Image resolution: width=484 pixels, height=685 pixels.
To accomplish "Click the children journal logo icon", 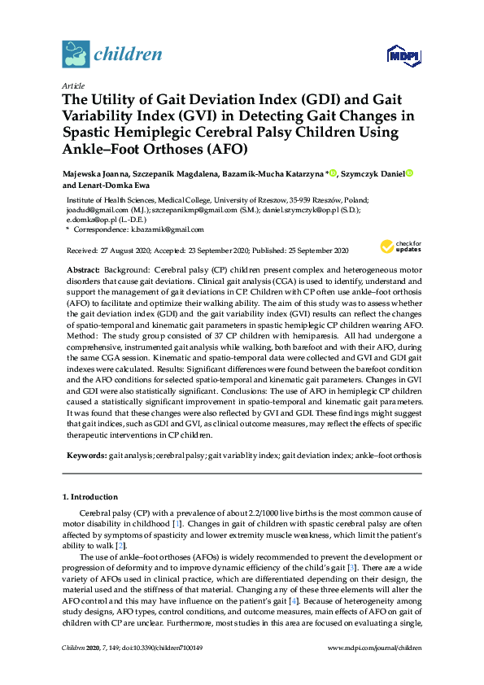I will pyautogui.click(x=75, y=55).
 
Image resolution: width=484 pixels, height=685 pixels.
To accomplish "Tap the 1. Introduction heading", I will pyautogui.click(x=89, y=497).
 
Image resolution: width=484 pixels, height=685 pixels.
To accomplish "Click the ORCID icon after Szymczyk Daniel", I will pyautogui.click(x=411, y=173).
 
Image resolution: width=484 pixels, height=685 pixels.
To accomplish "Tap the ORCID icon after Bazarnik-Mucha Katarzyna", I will pyautogui.click(x=333, y=173).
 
